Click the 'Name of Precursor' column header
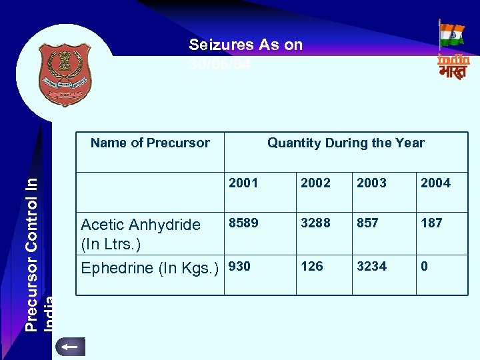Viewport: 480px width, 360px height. coord(150,143)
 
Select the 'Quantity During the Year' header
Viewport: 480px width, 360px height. coord(345,143)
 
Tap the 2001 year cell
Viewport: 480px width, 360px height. coord(243,183)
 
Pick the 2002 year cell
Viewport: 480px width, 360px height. coord(315,183)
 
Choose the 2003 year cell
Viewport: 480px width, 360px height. coord(371,183)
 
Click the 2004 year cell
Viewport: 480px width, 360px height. coord(435,183)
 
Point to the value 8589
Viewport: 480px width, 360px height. coord(243,223)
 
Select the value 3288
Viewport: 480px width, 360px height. coord(315,223)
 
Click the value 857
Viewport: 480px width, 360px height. coord(367,223)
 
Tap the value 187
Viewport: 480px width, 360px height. coord(431,223)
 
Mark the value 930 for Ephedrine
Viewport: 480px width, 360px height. coord(239,267)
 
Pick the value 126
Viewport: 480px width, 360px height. coord(311,267)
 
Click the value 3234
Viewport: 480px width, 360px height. coord(371,267)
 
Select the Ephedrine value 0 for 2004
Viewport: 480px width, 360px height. coord(424,267)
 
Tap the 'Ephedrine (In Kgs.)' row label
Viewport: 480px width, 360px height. coord(150,268)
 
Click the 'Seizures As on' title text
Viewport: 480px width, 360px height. coord(245,45)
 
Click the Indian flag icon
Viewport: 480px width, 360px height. coord(452,35)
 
